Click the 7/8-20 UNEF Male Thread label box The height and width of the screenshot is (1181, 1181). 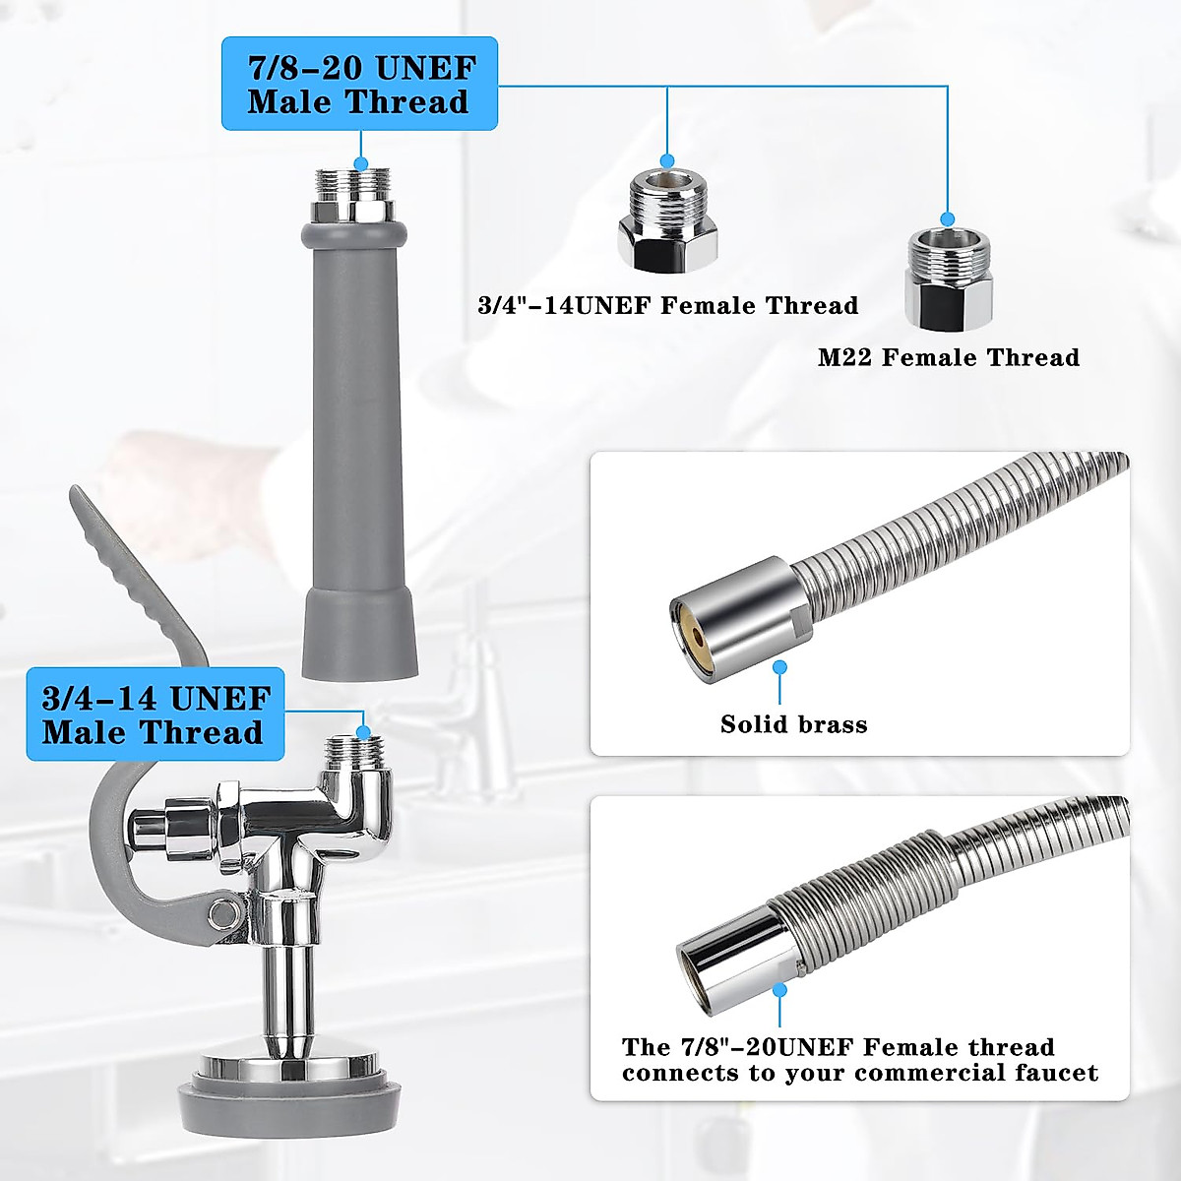click(x=359, y=84)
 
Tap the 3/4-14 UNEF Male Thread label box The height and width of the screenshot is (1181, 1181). click(x=155, y=715)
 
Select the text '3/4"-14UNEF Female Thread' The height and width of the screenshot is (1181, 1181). click(x=667, y=305)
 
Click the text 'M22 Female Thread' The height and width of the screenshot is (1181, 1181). click(x=948, y=357)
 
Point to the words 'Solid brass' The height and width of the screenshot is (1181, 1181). click(x=793, y=725)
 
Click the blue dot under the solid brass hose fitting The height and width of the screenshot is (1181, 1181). click(x=780, y=666)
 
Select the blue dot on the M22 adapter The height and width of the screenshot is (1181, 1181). click(x=948, y=219)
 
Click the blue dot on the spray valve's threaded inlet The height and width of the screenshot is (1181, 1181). click(x=363, y=731)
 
